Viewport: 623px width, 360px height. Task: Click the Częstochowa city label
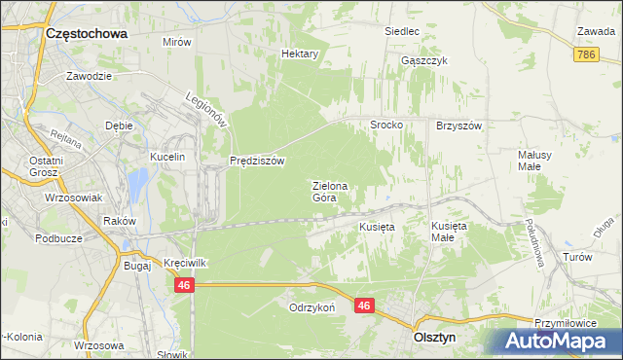click(87, 33)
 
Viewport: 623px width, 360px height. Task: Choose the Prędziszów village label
click(257, 162)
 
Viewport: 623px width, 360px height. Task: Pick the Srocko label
click(385, 126)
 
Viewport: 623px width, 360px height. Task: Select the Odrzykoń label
click(311, 306)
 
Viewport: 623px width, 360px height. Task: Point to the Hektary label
click(300, 54)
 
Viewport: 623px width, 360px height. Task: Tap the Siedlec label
click(401, 31)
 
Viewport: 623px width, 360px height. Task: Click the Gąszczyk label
click(423, 60)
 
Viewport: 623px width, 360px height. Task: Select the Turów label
click(577, 257)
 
